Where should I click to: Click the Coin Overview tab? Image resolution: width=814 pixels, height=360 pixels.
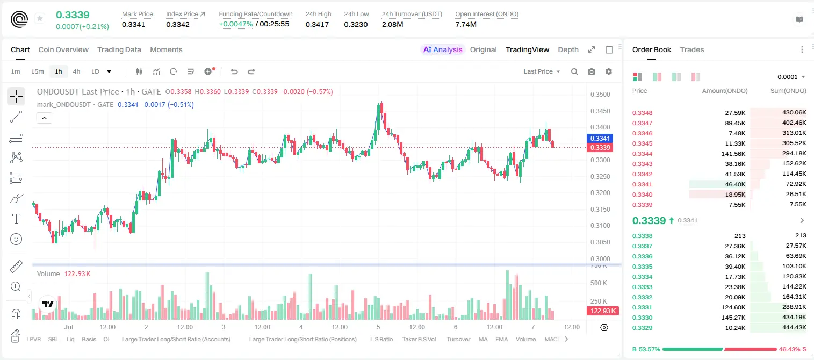[63, 49]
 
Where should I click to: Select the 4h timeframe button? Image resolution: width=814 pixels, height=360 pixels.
[76, 71]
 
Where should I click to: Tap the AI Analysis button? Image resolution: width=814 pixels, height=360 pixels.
[443, 49]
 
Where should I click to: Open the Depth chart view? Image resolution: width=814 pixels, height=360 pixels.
[568, 49]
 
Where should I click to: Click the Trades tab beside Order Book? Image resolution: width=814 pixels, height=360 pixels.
[692, 49]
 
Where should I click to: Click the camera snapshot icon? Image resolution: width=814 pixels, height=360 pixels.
[592, 71]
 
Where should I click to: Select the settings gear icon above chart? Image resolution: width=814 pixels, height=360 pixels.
[609, 71]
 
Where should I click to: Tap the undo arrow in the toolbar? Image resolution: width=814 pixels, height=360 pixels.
[234, 71]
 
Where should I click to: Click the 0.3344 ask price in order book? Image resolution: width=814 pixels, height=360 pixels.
[642, 154]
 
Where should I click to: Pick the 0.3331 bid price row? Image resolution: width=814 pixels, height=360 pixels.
[642, 307]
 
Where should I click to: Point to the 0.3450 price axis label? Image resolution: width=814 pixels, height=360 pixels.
[600, 111]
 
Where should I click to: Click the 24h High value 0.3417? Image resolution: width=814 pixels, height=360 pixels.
[317, 24]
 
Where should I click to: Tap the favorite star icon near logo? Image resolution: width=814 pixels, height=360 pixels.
[40, 18]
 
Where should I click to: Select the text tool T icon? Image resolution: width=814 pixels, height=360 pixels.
[16, 219]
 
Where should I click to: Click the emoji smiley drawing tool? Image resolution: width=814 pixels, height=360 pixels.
[16, 239]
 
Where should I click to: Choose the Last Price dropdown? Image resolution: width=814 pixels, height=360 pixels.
[542, 71]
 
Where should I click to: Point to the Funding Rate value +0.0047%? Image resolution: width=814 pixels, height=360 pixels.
[235, 24]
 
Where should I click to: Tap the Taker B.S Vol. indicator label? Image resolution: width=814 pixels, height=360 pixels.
[419, 339]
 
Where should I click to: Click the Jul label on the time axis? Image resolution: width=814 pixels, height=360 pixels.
[69, 327]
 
